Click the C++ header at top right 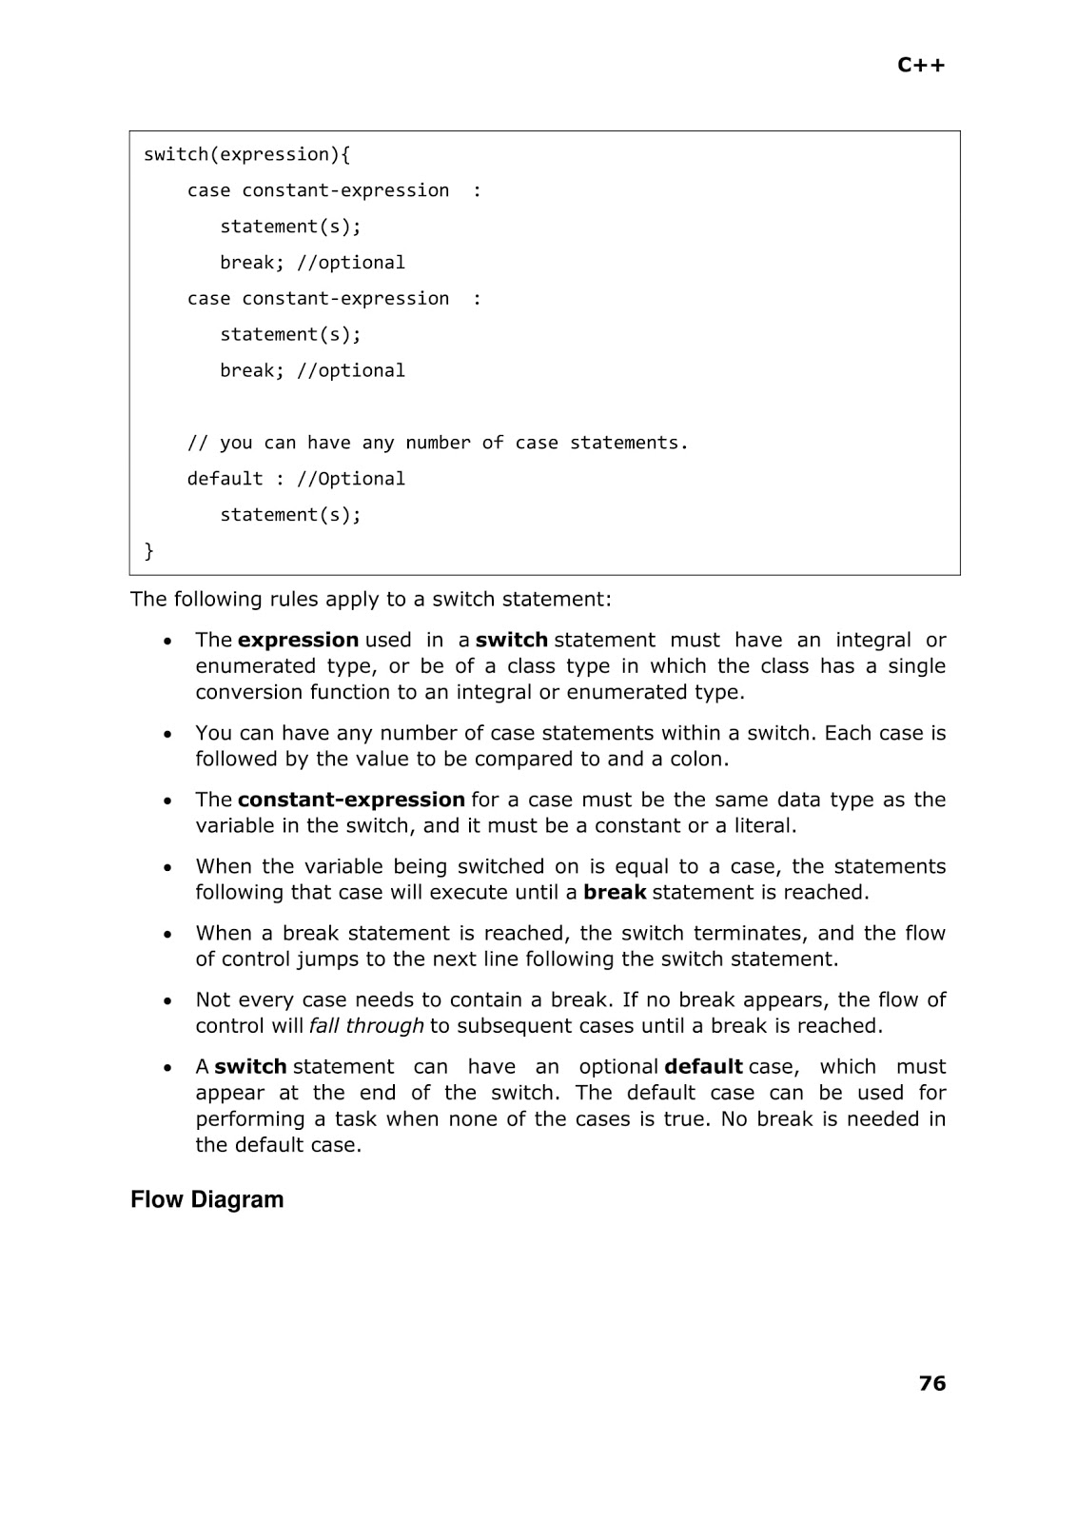pos(921,65)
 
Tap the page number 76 pos(932,1383)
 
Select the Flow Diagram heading pos(206,1199)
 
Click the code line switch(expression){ pos(246,154)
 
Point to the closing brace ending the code pos(148,551)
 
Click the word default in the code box pos(225,479)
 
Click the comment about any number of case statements pos(437,443)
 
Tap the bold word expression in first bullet pos(298,640)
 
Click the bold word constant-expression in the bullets pos(351,800)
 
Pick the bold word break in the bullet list pos(615,893)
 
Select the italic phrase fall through pos(366,1026)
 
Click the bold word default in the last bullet pos(703,1067)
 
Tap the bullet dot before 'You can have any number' pos(168,734)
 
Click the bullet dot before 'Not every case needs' pos(168,1000)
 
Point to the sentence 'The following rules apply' pos(371,599)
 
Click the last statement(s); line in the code pos(290,515)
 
